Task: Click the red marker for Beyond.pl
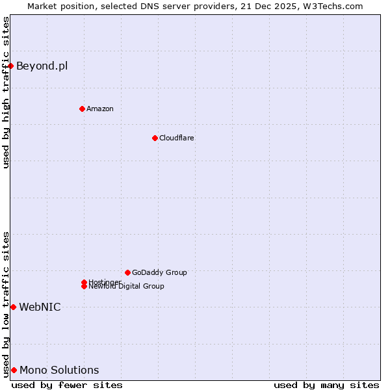click(x=11, y=66)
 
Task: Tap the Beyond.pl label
click(x=42, y=66)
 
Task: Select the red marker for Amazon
click(x=82, y=109)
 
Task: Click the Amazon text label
click(x=99, y=109)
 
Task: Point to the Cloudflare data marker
click(x=155, y=138)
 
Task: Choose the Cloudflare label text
click(x=176, y=138)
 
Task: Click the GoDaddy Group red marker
click(x=127, y=272)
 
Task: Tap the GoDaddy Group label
click(x=159, y=272)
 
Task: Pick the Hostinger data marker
click(x=84, y=282)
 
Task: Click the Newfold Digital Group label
click(x=127, y=287)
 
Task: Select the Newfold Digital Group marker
click(x=84, y=287)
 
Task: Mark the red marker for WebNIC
click(x=13, y=307)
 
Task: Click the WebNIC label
click(x=40, y=307)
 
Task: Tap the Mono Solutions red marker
click(x=14, y=370)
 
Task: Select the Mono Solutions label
click(x=59, y=370)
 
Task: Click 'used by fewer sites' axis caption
click(x=67, y=385)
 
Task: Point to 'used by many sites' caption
click(x=326, y=385)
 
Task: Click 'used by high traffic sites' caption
click(x=6, y=93)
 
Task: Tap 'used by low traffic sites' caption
click(x=6, y=304)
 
